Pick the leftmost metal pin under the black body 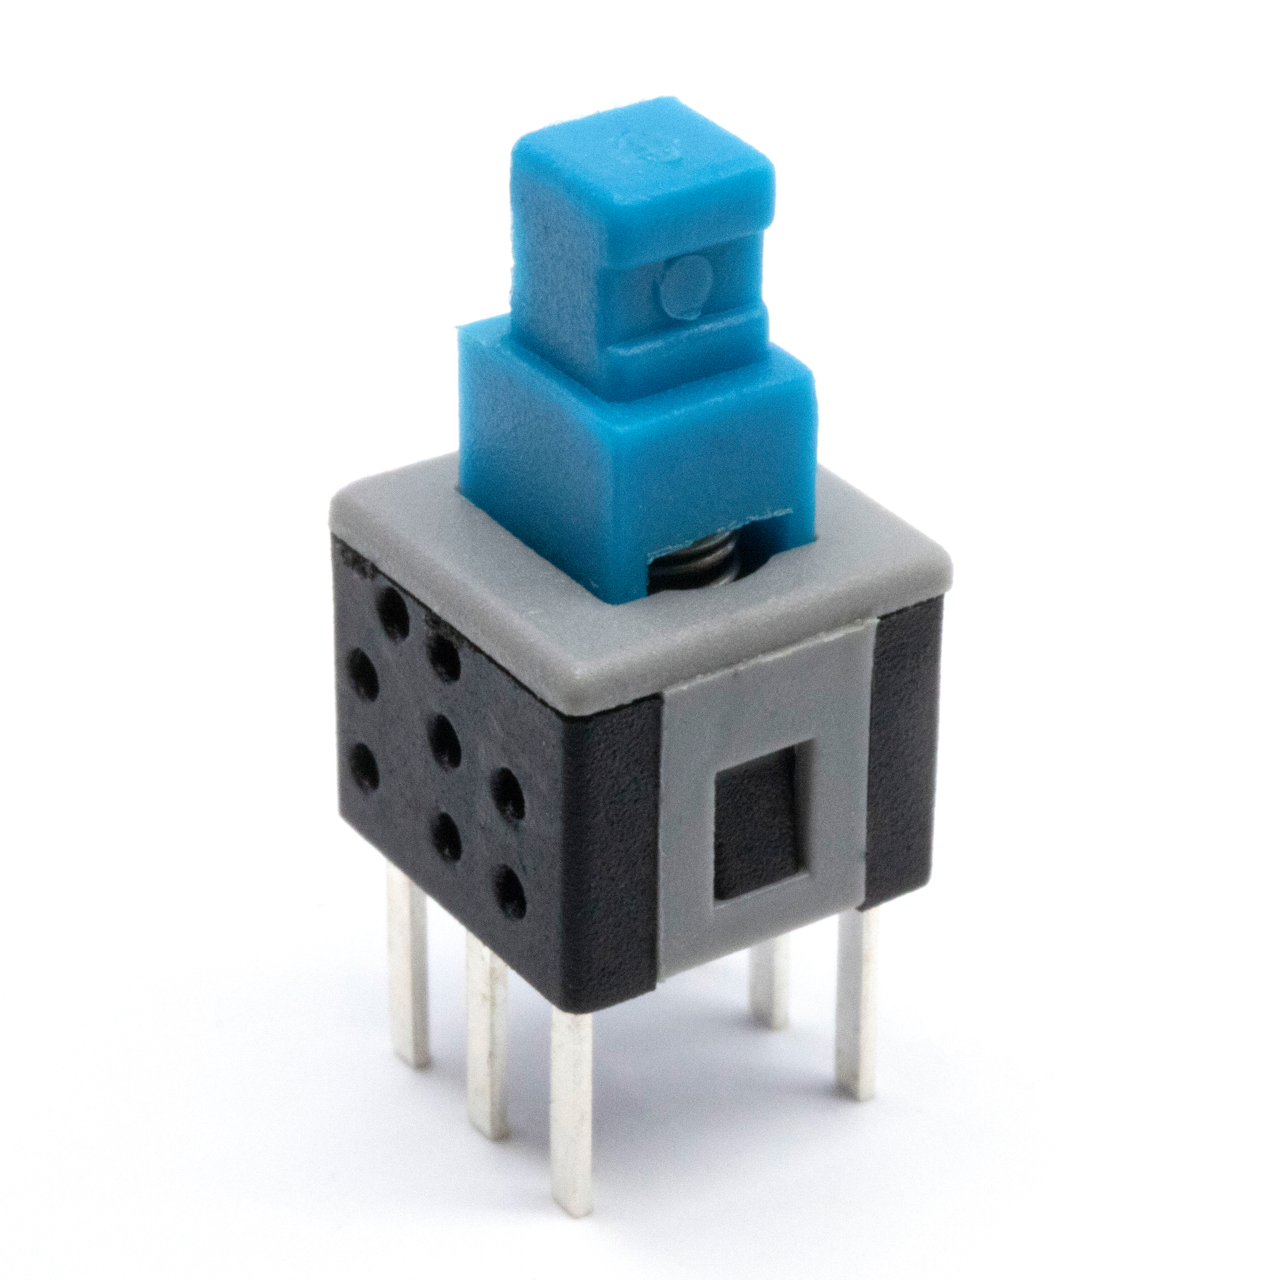click(406, 961)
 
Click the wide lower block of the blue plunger click(636, 464)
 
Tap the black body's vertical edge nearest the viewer click(563, 861)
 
